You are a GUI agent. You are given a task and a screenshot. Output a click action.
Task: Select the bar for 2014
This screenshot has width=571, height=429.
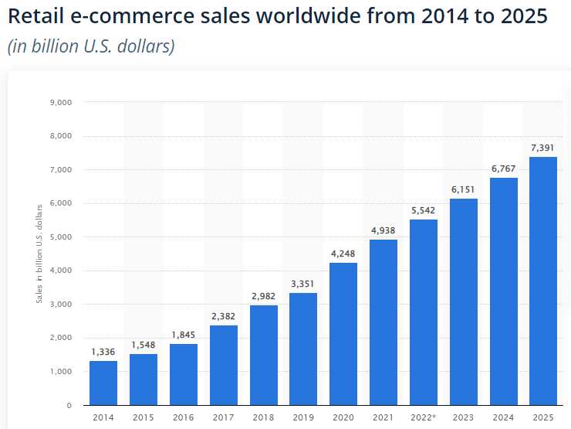103,383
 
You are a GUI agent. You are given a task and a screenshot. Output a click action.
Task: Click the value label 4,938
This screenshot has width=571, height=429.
383,230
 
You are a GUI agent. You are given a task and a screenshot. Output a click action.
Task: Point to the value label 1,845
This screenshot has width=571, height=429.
183,334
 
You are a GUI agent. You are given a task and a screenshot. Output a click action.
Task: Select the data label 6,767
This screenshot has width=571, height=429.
503,168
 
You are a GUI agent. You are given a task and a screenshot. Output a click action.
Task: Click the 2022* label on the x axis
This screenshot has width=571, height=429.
424,418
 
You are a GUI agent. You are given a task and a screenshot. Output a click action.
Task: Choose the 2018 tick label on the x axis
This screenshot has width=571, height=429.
263,418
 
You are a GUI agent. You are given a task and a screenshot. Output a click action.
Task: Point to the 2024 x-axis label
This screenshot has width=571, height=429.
503,418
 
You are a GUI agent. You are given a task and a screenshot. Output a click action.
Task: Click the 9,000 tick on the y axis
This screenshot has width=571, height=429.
60,102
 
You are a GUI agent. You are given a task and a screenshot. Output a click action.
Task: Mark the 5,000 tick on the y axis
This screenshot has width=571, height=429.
60,237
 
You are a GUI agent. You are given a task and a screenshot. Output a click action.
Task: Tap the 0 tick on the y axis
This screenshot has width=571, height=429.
69,405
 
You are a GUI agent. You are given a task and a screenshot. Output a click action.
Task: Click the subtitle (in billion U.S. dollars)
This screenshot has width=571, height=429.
91,46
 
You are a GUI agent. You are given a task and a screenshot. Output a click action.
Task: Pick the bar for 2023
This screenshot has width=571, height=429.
464,301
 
